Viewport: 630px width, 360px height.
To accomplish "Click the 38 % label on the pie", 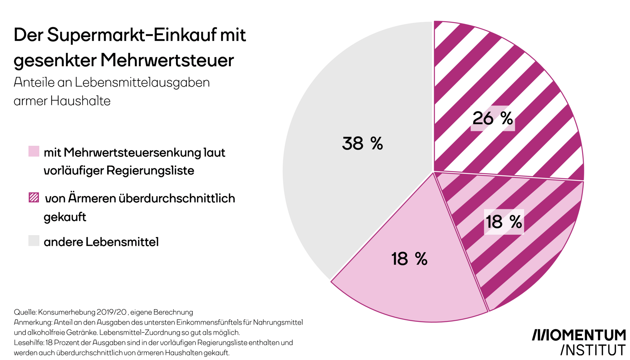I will click(362, 143).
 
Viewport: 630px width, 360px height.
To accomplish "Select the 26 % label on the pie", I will click(493, 118).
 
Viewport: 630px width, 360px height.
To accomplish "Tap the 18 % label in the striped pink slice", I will click(504, 222).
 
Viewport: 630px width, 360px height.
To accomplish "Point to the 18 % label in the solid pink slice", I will click(409, 259).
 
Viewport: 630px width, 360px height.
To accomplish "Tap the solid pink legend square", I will click(34, 151).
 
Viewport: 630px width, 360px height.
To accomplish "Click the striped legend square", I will click(34, 198).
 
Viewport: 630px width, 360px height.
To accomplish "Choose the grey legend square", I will click(34, 241).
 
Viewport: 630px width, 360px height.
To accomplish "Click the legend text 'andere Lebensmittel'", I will click(101, 242).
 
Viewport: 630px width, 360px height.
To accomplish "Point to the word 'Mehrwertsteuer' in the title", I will click(167, 60).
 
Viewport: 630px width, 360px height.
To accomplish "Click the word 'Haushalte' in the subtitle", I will click(80, 101).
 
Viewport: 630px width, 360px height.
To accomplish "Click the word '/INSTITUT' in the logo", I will click(593, 350).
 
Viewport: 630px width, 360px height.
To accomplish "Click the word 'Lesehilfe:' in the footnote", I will click(29, 343).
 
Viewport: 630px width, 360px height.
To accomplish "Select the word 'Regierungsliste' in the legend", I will click(150, 171).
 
